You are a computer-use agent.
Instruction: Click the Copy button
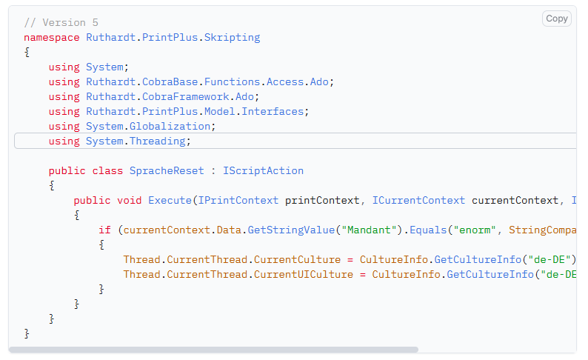point(556,19)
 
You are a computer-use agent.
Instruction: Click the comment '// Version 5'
point(61,22)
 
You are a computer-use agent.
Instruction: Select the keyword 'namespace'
point(52,38)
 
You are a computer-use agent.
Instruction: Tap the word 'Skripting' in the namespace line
point(232,38)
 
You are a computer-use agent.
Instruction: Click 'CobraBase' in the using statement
point(170,81)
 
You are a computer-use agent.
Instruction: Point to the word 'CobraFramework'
point(186,97)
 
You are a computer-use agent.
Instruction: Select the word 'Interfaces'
point(273,111)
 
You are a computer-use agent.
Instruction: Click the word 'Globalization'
point(170,127)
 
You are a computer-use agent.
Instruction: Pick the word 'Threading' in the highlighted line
point(158,141)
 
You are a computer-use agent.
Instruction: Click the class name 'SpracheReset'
point(167,170)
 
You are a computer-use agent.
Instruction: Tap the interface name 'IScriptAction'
point(263,170)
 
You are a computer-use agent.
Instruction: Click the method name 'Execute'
point(170,200)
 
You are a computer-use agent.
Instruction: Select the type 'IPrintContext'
point(238,200)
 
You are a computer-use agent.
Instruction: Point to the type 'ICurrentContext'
point(418,200)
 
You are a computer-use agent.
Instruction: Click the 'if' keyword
point(104,230)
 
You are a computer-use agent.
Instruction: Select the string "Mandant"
point(369,230)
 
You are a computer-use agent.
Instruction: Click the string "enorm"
point(475,230)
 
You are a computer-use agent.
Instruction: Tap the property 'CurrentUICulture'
point(304,275)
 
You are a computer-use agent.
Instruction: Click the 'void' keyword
point(130,200)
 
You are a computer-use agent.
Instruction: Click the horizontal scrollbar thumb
point(213,350)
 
